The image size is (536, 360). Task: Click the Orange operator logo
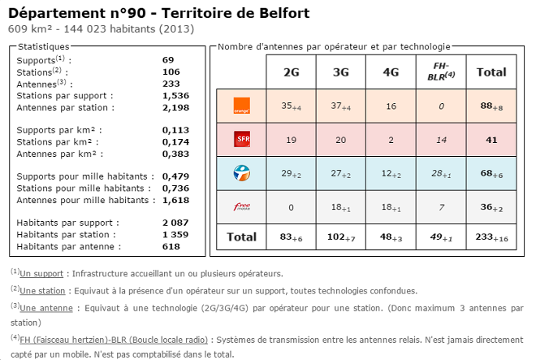(x=241, y=105)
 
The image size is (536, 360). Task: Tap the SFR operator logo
(x=241, y=139)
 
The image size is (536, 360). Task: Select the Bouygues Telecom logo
(x=241, y=173)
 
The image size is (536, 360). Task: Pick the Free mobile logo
(x=241, y=207)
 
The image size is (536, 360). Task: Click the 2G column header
(x=291, y=72)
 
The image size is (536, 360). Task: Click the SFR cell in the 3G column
(x=340, y=139)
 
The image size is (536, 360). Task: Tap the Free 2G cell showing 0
(x=291, y=207)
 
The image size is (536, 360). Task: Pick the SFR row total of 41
(x=491, y=139)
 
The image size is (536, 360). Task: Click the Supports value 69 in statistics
(x=168, y=60)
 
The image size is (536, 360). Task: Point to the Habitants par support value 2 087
(x=175, y=222)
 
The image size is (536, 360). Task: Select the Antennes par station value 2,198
(x=175, y=107)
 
